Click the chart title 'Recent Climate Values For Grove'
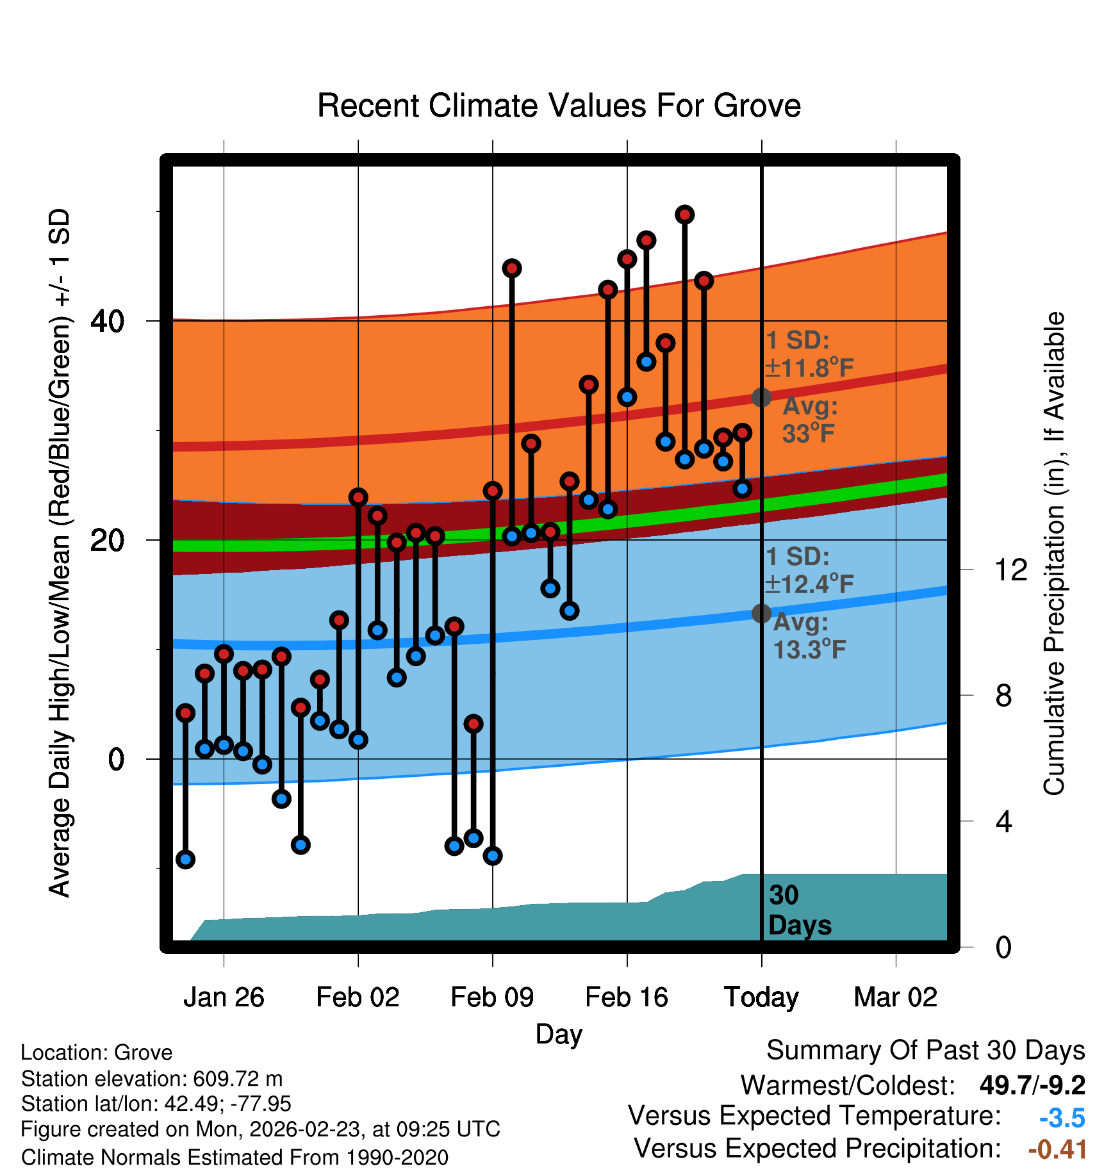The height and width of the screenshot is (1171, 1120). point(559,106)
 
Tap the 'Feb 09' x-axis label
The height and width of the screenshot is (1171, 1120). point(492,997)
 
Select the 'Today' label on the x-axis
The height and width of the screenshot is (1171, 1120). point(761,997)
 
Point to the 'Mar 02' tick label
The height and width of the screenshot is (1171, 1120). point(895,997)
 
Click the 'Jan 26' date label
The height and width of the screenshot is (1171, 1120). point(224,997)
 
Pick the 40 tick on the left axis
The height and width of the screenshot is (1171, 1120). point(107,321)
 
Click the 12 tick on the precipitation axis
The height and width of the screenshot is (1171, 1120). point(1010,569)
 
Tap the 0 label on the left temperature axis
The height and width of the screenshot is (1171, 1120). point(116,760)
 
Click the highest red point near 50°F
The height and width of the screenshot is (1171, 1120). point(685,215)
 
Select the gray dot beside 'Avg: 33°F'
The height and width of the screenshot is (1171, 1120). point(761,398)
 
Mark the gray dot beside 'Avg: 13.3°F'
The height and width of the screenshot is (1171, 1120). point(761,614)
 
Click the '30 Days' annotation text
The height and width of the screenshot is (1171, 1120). point(799,910)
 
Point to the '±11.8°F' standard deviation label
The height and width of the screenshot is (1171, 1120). point(809,368)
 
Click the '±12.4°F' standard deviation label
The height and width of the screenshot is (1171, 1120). point(809,584)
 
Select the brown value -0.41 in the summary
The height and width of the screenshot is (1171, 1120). point(1057,1149)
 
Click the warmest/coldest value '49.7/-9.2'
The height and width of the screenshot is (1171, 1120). point(1032,1085)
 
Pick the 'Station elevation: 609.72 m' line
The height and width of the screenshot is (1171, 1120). point(152,1079)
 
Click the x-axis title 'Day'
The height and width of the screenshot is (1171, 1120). point(559,1034)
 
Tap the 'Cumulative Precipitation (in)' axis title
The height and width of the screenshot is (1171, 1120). point(1054,553)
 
